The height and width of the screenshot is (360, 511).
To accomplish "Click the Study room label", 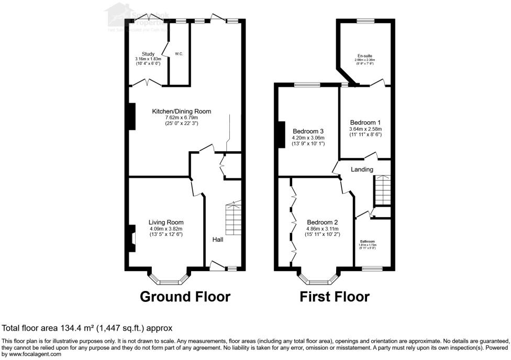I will pyautogui.click(x=148, y=54).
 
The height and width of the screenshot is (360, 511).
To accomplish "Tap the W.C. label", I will pyautogui.click(x=179, y=54).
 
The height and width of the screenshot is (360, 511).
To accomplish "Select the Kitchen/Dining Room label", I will pyautogui.click(x=181, y=111).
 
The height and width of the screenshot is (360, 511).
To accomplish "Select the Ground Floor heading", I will pyautogui.click(x=185, y=297).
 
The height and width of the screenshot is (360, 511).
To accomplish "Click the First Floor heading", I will pyautogui.click(x=334, y=297).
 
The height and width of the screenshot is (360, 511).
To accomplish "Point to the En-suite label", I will pyautogui.click(x=365, y=55).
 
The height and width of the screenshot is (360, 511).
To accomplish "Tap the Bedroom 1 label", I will pyautogui.click(x=365, y=122).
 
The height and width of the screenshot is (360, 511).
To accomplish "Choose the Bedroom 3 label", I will pyautogui.click(x=308, y=131).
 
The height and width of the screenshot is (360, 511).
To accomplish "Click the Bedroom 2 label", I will pyautogui.click(x=322, y=222).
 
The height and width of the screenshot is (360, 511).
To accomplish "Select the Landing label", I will pyautogui.click(x=362, y=170).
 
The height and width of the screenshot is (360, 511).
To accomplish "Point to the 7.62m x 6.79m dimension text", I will pyautogui.click(x=181, y=118).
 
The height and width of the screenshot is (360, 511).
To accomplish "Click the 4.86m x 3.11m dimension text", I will pyautogui.click(x=322, y=229).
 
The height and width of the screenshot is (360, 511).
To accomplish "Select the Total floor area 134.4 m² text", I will pyautogui.click(x=87, y=329).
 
